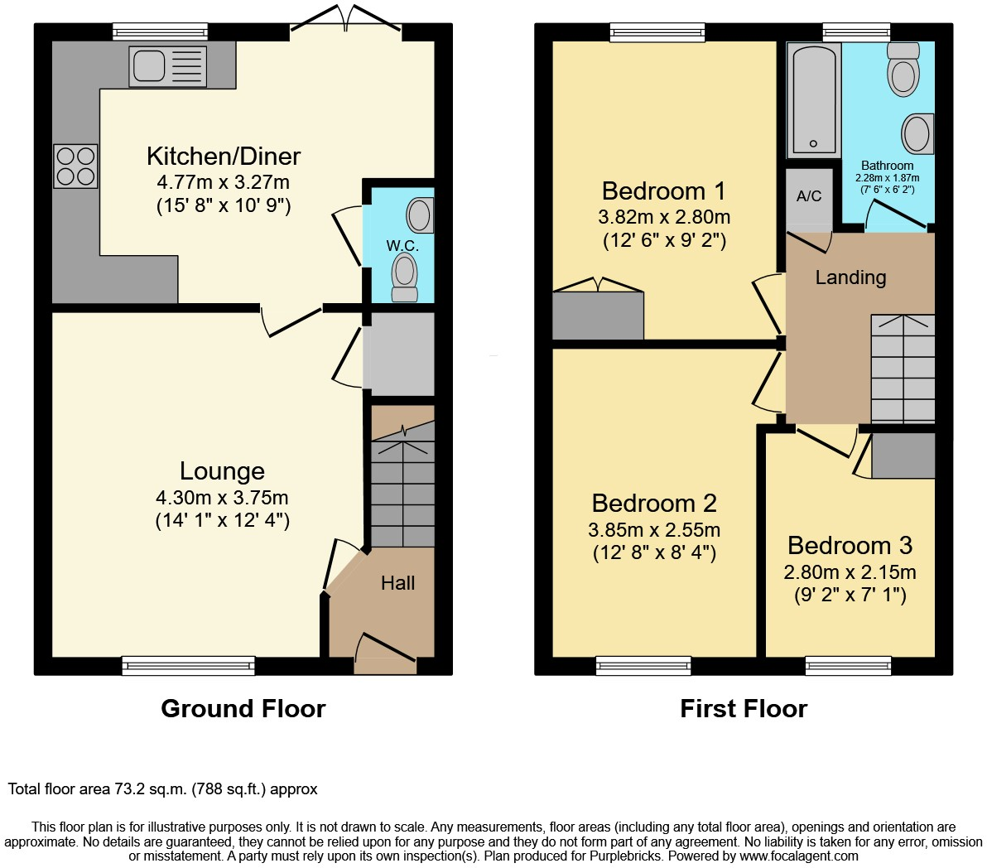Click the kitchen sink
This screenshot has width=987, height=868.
166,65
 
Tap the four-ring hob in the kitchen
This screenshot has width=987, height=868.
75,166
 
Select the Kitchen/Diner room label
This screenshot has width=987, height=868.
224,156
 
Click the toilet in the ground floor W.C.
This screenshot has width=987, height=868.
404,275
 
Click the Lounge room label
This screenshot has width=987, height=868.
222,471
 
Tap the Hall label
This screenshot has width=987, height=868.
397,583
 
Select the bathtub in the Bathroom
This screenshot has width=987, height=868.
813,99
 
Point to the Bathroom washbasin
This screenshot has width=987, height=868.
917,133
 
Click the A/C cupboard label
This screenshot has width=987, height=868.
809,196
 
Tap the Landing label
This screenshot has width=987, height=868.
850,277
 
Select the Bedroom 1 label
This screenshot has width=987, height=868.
663,191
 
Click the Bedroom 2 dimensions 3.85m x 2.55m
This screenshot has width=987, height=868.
654,530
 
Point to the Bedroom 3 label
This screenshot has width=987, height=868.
850,546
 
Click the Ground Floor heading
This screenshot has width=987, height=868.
243,709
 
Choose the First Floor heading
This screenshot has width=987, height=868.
744,709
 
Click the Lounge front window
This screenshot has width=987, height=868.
189,665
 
